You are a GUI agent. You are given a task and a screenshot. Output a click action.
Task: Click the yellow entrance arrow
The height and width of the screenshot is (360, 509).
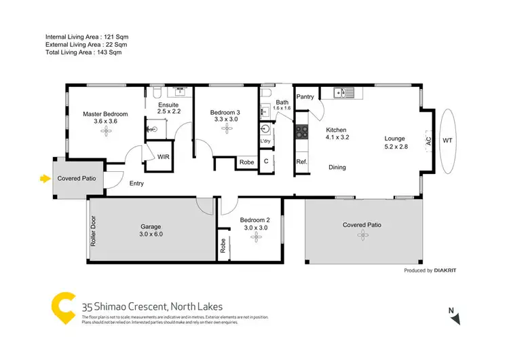[45, 179]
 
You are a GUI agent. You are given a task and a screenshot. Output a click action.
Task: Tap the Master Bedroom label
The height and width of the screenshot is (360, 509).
[105, 113]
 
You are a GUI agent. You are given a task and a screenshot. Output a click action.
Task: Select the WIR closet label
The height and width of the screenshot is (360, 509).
[163, 156]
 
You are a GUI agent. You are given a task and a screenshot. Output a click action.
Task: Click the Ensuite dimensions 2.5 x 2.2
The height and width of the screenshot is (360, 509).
[168, 113]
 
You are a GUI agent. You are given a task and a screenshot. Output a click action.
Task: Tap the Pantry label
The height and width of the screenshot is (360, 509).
[305, 97]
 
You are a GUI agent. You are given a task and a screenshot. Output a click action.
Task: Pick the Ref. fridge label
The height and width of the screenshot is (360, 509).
[301, 162]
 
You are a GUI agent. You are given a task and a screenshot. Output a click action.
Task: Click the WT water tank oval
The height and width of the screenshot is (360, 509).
[447, 141]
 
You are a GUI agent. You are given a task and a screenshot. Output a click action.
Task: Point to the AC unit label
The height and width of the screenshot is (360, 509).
[428, 141]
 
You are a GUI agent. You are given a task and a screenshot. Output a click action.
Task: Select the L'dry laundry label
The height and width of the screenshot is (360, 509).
[266, 141]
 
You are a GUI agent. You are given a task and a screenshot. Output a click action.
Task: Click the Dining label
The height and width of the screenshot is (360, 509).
[337, 167]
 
